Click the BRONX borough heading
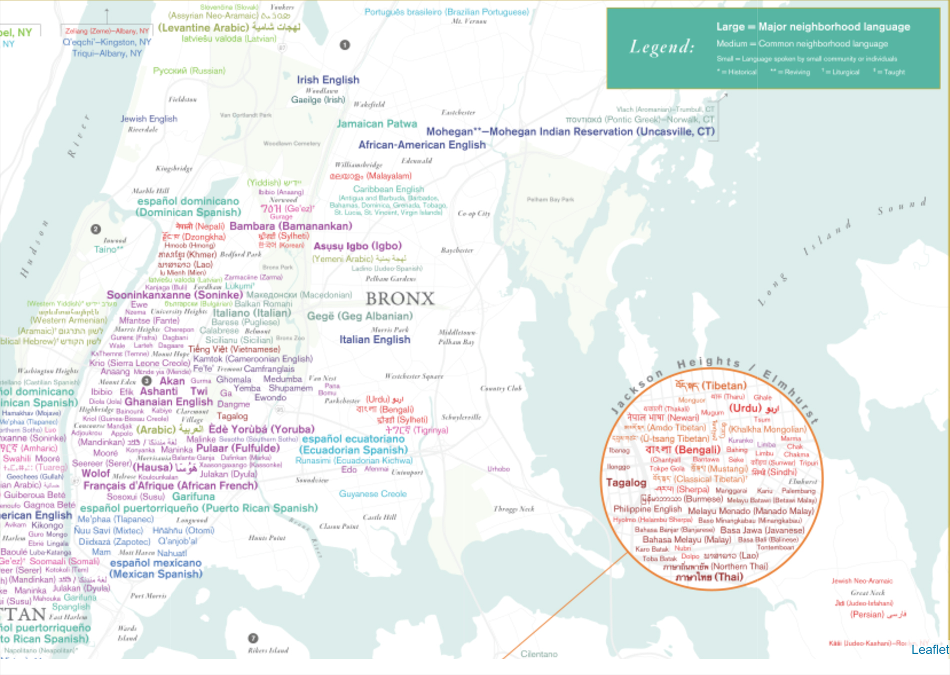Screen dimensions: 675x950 coord(400,299)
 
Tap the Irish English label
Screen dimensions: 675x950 coord(328,80)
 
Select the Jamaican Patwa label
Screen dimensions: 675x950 coord(376,124)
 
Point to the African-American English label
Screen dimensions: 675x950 coord(422,145)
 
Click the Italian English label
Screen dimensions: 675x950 coord(374,340)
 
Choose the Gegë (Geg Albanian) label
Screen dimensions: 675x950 coord(359,316)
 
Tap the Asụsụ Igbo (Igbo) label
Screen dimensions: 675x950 coord(357,246)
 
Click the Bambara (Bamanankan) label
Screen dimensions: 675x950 coord(291,226)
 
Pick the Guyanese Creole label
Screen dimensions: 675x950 coord(372,494)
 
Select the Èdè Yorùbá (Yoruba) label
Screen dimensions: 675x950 coord(261,429)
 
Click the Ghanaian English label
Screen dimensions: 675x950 coord(168,402)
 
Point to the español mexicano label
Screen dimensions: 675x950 coord(155,563)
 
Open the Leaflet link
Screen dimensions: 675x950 coord(929,649)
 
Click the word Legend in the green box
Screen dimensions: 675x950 coord(662,47)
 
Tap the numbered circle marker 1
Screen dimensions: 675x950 coord(345,45)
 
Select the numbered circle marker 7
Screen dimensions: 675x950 coord(253,638)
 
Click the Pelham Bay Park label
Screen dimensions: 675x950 coord(550,199)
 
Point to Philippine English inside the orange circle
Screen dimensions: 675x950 coord(647,509)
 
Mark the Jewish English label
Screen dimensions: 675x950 coord(148,119)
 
